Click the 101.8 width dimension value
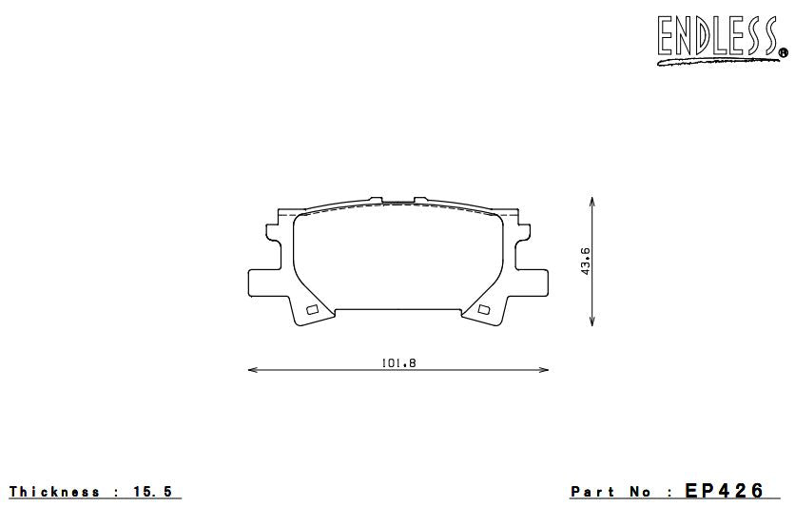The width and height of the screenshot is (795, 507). pyautogui.click(x=399, y=361)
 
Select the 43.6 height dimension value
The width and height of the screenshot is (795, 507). pyautogui.click(x=586, y=262)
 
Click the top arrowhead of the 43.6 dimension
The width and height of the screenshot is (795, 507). pyautogui.click(x=593, y=202)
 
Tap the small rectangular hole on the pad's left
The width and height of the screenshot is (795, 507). pyautogui.click(x=310, y=309)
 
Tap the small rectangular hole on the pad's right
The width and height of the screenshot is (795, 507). pyautogui.click(x=484, y=309)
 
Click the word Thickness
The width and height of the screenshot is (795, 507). pyautogui.click(x=54, y=492)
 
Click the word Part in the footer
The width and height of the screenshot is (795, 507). pyautogui.click(x=592, y=492)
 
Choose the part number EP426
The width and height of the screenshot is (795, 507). pyautogui.click(x=725, y=491)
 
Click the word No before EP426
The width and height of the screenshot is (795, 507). pyautogui.click(x=641, y=492)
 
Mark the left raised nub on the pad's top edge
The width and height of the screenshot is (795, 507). pyautogui.click(x=378, y=200)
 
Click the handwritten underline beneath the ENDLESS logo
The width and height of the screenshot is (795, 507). pyautogui.click(x=713, y=62)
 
